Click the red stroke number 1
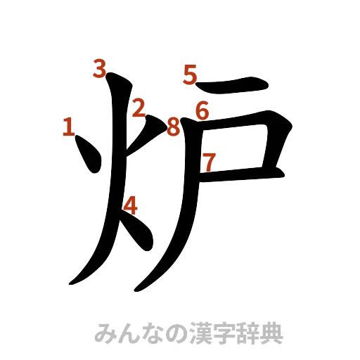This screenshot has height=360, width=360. (69, 127)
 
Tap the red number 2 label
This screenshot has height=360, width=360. (139, 108)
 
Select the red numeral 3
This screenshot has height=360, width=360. (99, 68)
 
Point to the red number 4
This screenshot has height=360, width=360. (131, 205)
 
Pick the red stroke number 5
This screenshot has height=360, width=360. (189, 74)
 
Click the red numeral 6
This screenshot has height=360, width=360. (202, 110)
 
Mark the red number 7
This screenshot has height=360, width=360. (209, 162)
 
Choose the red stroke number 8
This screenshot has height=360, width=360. (173, 128)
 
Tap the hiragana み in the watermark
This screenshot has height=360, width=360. (104, 333)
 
